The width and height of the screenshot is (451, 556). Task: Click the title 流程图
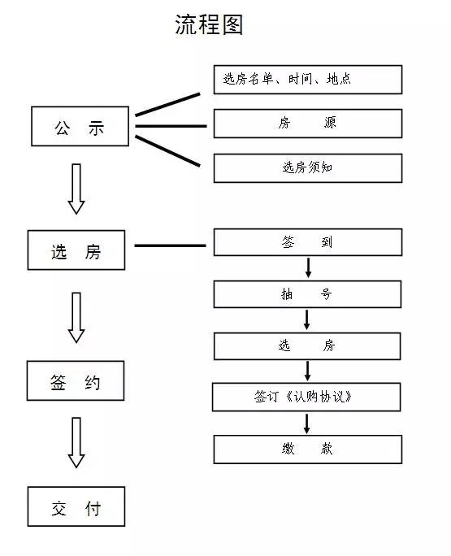[209, 25]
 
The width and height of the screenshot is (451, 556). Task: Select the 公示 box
[79, 127]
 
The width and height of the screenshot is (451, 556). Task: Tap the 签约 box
[76, 380]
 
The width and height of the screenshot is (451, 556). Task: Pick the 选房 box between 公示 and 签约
[76, 250]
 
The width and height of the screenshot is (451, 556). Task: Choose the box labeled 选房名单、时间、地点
[307, 80]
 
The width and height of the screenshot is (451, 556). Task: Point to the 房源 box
[307, 124]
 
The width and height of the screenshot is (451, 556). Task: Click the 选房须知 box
[307, 168]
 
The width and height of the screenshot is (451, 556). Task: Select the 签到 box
[307, 242]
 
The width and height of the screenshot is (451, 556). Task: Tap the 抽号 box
[307, 294]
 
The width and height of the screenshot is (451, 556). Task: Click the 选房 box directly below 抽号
[307, 346]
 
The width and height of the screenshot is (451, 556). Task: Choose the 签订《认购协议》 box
[307, 397]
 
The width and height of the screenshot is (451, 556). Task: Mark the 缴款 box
[307, 450]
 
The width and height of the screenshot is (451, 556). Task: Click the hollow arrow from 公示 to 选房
[76, 189]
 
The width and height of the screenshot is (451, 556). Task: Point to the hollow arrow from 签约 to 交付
[76, 443]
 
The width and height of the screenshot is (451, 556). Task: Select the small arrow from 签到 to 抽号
[308, 268]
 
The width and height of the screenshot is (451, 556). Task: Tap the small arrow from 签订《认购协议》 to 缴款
[307, 424]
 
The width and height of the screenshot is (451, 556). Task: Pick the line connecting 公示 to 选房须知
[167, 151]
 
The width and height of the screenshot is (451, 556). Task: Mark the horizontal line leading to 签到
[170, 245]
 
